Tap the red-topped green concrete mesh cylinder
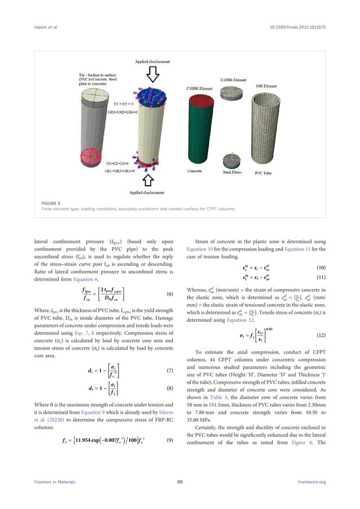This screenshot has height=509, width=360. click(196, 130)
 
